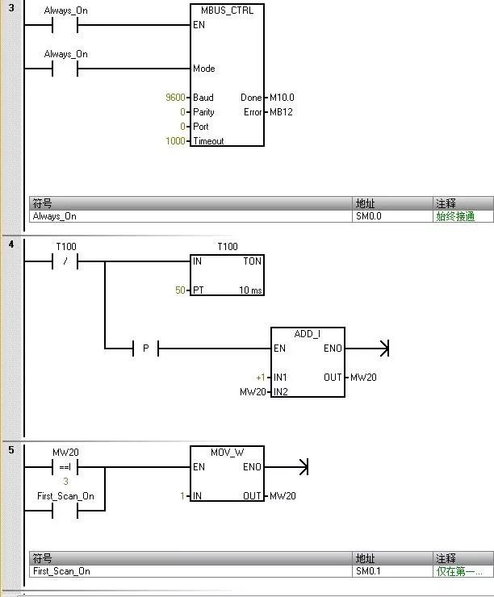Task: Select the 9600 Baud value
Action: click(x=174, y=98)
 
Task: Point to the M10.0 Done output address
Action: click(x=283, y=98)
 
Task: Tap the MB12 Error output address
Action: click(x=281, y=112)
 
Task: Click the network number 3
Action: click(x=11, y=7)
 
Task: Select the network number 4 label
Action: click(x=11, y=244)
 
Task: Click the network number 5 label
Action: click(x=11, y=449)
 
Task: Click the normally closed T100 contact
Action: click(x=65, y=261)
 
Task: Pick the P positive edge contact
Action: click(x=145, y=349)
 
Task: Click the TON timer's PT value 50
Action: click(x=181, y=290)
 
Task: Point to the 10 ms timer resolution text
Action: click(x=250, y=290)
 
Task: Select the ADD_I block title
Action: click(x=308, y=334)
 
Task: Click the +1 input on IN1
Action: click(x=260, y=378)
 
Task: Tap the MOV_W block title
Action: click(x=227, y=453)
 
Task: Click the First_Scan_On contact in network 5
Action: click(x=65, y=511)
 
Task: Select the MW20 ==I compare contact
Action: click(x=65, y=466)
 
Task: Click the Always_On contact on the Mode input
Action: click(x=65, y=69)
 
